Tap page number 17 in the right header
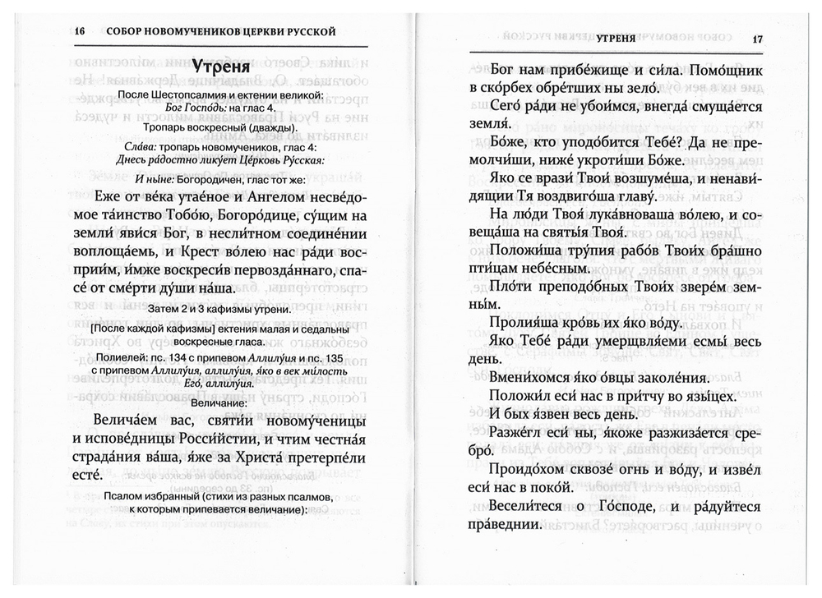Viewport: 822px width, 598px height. point(757,39)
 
